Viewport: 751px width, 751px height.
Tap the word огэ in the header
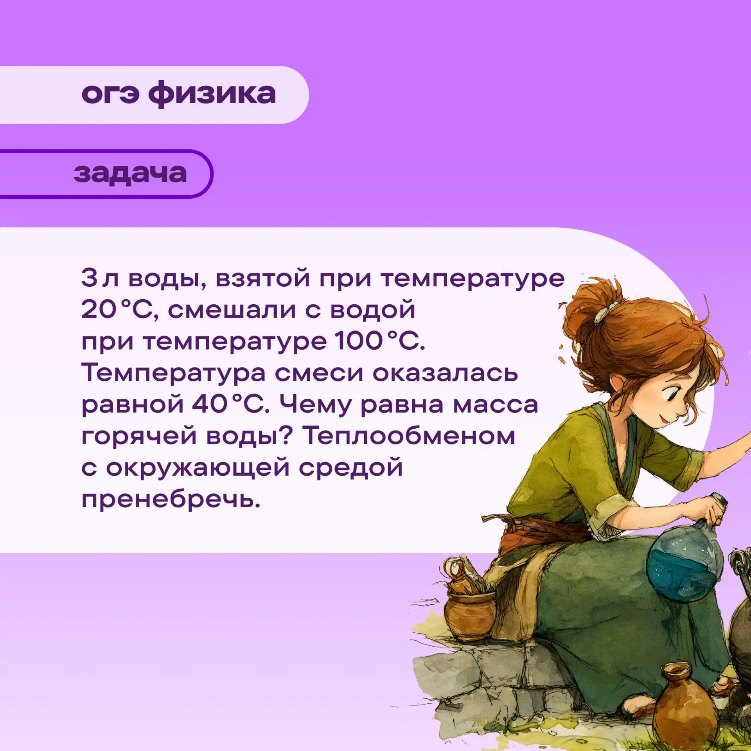(110, 94)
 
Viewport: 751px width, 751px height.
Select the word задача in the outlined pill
(130, 174)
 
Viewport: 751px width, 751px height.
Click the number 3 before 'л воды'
(89, 278)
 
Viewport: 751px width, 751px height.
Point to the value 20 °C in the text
(119, 309)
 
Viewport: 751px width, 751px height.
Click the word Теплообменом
(409, 435)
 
